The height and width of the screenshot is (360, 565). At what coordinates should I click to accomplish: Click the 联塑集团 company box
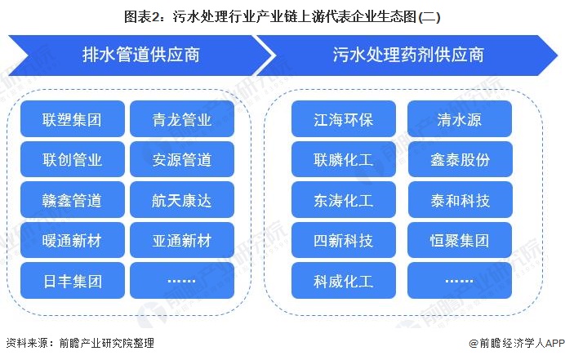73,119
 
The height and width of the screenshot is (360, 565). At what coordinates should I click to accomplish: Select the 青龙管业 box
182,119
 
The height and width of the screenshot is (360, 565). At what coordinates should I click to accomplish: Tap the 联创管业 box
73,159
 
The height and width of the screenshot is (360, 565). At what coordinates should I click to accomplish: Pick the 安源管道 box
182,159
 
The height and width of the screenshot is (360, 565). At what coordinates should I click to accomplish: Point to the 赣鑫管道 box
73,200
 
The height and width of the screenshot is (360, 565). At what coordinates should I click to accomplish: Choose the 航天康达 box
182,200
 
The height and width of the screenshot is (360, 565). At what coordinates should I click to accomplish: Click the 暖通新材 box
73,240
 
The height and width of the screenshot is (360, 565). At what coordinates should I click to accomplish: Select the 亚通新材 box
182,240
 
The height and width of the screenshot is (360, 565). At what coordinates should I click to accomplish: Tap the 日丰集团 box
73,280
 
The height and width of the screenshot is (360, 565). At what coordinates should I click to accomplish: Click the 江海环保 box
344,119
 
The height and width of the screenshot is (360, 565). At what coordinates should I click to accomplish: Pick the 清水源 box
460,119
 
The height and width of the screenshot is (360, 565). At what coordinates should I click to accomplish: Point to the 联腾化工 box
344,159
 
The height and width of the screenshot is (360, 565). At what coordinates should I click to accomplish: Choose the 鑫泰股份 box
460,159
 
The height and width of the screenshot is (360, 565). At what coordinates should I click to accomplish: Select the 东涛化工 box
344,200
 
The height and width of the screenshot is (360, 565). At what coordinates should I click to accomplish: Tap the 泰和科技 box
460,200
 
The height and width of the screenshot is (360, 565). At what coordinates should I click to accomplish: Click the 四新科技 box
344,240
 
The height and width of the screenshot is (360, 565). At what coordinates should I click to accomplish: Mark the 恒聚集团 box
460,240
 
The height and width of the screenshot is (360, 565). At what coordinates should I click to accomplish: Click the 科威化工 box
344,280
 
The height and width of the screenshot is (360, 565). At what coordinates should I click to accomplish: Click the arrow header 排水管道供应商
141,56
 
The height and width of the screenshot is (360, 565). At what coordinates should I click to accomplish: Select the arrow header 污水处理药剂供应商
408,56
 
